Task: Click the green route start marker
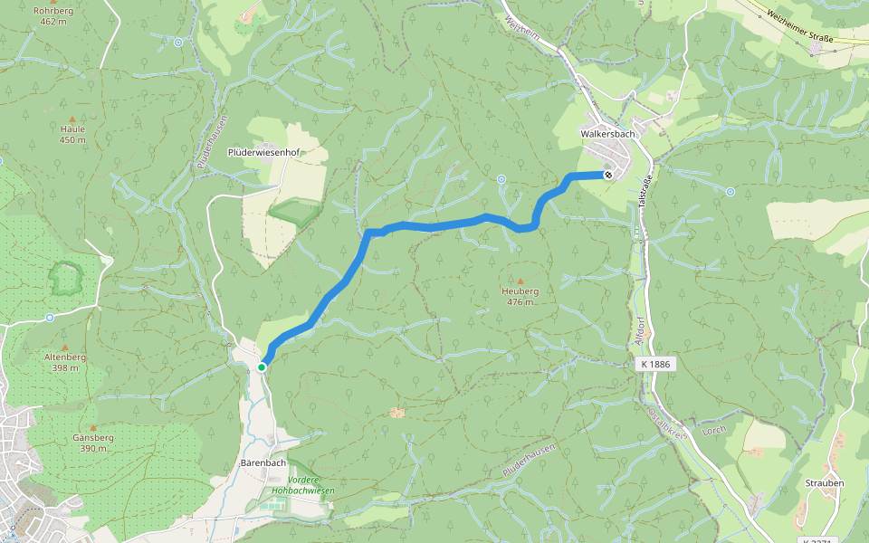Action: click(x=262, y=367)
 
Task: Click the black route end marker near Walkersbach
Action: click(x=608, y=175)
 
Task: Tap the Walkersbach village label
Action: click(x=608, y=134)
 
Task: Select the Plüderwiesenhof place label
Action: click(x=263, y=153)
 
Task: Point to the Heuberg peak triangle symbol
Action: click(x=520, y=281)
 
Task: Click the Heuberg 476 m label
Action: click(x=520, y=296)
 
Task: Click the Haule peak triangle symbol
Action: click(x=72, y=119)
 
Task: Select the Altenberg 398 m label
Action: click(x=65, y=362)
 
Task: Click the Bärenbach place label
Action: click(x=263, y=462)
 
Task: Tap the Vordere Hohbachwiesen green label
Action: click(x=303, y=485)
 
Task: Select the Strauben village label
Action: click(x=825, y=483)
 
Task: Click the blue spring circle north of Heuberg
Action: click(x=501, y=179)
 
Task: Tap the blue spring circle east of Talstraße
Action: click(x=731, y=191)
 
